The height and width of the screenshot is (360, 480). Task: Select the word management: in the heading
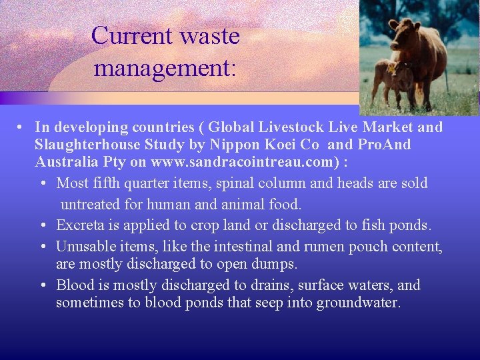pos(165,67)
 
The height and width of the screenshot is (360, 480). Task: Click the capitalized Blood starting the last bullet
pos(75,285)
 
